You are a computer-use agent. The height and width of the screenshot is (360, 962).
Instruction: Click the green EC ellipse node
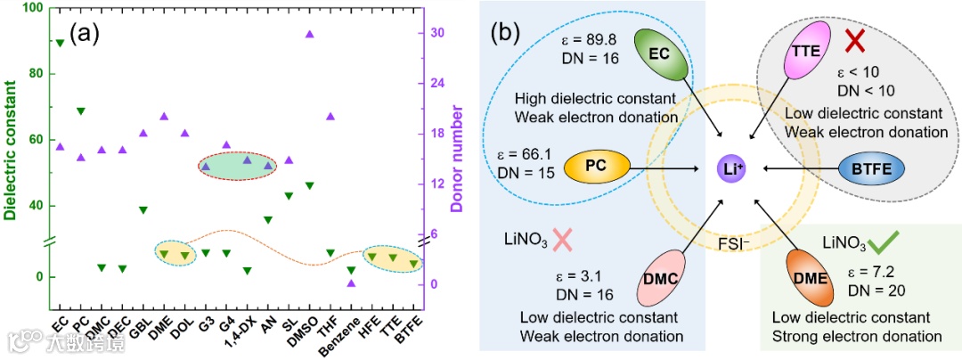tap(658, 53)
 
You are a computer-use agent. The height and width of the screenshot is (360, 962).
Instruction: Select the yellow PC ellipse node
tap(597, 166)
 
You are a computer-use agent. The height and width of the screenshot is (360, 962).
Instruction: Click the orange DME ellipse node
tap(810, 278)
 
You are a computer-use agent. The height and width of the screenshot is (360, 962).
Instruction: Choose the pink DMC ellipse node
tap(660, 279)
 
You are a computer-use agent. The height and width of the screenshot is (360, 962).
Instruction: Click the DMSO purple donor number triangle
tap(310, 34)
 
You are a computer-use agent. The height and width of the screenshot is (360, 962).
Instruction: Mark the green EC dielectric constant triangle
tap(60, 43)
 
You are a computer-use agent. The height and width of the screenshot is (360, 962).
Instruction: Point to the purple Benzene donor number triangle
tap(351, 283)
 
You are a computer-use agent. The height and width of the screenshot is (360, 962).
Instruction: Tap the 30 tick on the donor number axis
tap(438, 33)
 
